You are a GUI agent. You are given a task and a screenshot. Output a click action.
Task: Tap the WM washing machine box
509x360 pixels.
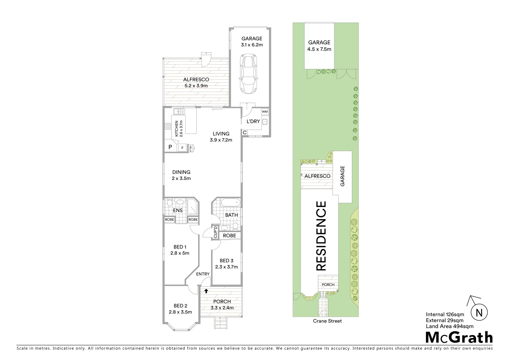click(x=264, y=111)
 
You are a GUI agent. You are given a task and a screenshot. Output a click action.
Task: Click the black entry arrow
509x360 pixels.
click(x=206, y=291)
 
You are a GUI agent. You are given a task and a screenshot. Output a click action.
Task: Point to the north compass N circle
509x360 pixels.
click(x=479, y=313)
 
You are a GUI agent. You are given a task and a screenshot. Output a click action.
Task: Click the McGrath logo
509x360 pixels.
click(x=459, y=337)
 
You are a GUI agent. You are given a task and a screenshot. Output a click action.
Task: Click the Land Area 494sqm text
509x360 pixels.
click(x=449, y=326)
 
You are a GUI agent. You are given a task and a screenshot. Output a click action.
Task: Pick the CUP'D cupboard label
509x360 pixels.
click(x=215, y=232)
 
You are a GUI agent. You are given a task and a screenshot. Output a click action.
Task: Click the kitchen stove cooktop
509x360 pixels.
click(x=167, y=126)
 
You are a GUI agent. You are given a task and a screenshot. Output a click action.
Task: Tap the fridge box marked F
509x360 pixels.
click(x=182, y=148)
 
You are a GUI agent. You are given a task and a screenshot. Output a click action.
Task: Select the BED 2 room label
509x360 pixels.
click(x=180, y=306)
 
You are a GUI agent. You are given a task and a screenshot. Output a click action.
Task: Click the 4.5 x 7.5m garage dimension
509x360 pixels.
click(x=319, y=49)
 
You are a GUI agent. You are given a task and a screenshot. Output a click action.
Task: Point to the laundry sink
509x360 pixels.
click(x=265, y=122)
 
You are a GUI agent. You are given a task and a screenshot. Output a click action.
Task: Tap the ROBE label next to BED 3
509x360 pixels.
click(x=229, y=235)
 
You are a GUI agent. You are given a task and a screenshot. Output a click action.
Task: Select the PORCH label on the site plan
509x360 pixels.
click(x=328, y=285)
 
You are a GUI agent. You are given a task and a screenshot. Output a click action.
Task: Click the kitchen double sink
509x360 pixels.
click(x=179, y=111)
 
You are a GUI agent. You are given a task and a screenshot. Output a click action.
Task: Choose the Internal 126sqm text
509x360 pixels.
click(x=445, y=314)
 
